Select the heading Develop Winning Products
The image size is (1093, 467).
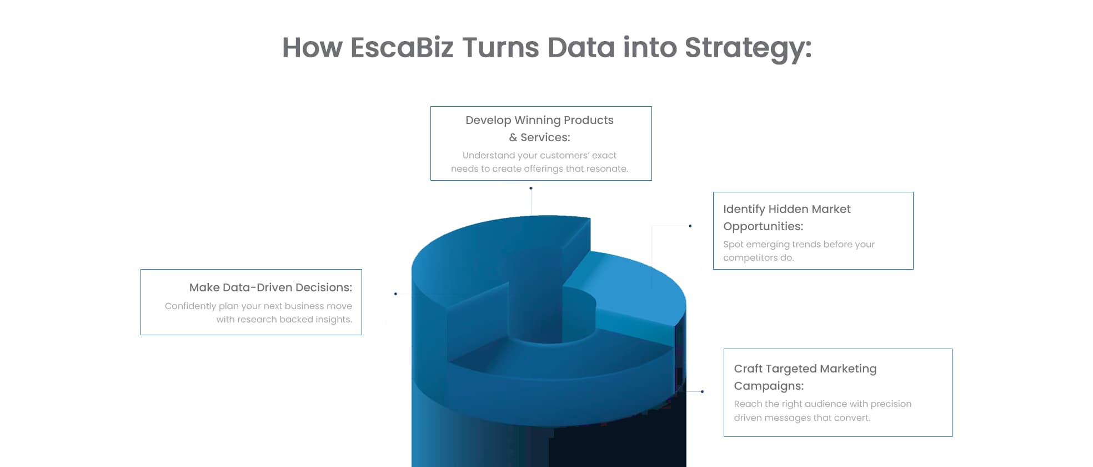pyautogui.click(x=539, y=120)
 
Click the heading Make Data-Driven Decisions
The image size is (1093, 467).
pyautogui.click(x=270, y=287)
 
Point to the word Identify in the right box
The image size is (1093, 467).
pyautogui.click(x=744, y=210)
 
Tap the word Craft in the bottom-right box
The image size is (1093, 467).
pyautogui.click(x=748, y=369)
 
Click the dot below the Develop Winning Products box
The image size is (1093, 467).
pyautogui.click(x=531, y=188)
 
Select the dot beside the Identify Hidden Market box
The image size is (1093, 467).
pyautogui.click(x=690, y=226)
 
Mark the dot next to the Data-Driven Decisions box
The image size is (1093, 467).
pyautogui.click(x=395, y=294)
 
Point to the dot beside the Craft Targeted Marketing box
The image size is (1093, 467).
pyautogui.click(x=702, y=391)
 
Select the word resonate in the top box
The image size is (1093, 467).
pyautogui.click(x=608, y=169)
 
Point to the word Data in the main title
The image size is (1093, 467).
pyautogui.click(x=581, y=47)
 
